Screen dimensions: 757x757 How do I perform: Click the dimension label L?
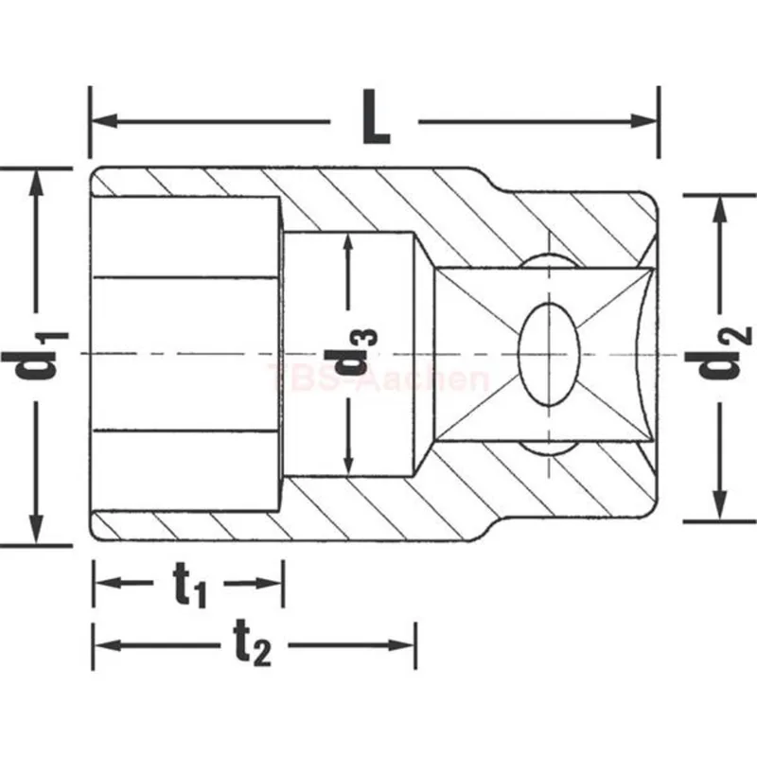pyautogui.click(x=376, y=116)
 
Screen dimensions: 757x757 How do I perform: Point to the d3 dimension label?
pyautogui.click(x=350, y=352)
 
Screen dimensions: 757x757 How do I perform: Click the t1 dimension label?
pyautogui.click(x=189, y=585)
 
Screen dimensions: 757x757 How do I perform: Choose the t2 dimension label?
pyautogui.click(x=253, y=643)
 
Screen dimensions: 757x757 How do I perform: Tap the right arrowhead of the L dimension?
pyautogui.click(x=643, y=121)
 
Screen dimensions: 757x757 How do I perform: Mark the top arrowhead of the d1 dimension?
pyautogui.click(x=35, y=183)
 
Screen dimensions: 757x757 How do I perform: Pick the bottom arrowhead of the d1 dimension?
pyautogui.click(x=35, y=529)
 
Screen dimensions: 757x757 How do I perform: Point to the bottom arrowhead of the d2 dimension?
pyautogui.click(x=720, y=505)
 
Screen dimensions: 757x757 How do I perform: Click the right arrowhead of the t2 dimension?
pyautogui.click(x=401, y=645)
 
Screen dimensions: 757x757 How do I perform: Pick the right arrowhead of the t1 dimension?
pyautogui.click(x=269, y=583)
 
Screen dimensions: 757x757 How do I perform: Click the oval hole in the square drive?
pyautogui.click(x=549, y=353)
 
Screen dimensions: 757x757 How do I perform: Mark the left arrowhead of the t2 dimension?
pyautogui.click(x=107, y=645)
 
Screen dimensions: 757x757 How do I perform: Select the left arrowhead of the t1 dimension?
pyautogui.click(x=107, y=583)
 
